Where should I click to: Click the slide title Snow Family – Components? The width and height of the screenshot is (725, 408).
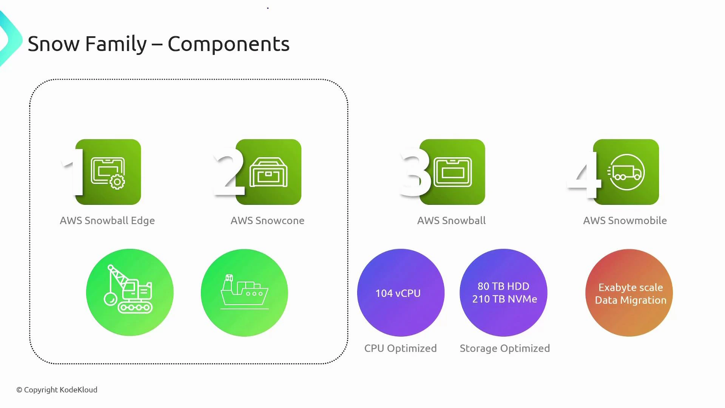coord(159,44)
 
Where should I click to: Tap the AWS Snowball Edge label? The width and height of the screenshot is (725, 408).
coord(107,221)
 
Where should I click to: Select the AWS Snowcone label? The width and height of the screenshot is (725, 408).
coord(267,221)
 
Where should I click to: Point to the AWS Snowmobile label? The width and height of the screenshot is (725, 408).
coord(625,221)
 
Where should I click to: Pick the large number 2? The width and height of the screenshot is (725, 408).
coord(228,172)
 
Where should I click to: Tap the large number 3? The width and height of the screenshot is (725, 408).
coord(415,172)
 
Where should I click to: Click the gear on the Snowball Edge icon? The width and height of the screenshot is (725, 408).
coord(117,182)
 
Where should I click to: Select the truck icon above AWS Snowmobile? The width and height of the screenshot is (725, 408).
coord(627,172)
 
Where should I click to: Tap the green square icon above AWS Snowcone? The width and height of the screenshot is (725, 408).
coord(268,172)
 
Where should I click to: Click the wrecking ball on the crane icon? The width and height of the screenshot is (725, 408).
coord(111,299)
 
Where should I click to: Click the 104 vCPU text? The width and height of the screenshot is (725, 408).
coord(398,293)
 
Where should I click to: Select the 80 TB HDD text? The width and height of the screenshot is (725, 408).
coord(503,286)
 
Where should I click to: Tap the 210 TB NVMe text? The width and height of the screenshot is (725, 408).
coord(504,299)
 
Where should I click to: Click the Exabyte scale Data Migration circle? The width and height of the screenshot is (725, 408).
coord(629,293)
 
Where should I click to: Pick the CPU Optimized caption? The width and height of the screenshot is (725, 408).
coord(400,348)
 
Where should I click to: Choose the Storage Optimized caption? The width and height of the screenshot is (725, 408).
coord(504,348)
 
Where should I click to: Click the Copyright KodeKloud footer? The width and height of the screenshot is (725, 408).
coord(57,389)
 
